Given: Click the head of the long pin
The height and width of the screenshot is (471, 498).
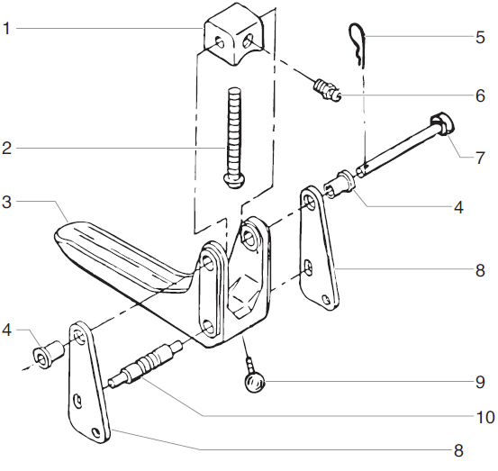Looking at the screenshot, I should click(x=441, y=122).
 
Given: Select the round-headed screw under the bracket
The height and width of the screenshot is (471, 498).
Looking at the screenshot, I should click(x=253, y=382).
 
